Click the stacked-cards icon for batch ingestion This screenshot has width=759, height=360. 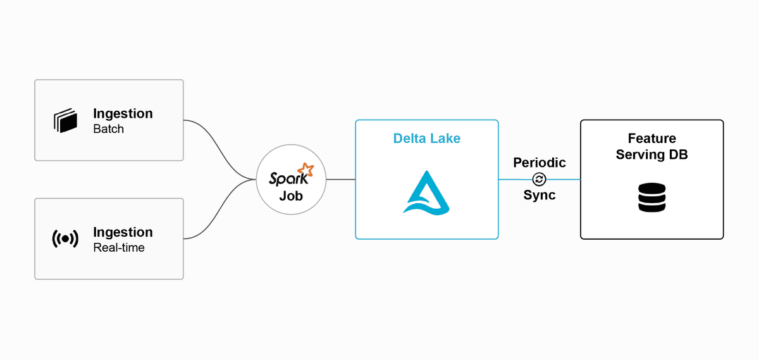(65, 121)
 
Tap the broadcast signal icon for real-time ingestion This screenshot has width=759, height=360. (65, 239)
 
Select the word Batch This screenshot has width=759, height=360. (108, 129)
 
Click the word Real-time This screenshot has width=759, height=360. (119, 247)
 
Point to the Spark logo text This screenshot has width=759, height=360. (285, 178)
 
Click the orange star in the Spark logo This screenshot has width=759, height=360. (307, 169)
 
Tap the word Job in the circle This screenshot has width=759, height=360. (291, 196)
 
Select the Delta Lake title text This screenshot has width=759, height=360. (427, 138)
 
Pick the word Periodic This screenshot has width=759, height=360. (539, 163)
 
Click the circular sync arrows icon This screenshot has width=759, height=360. (540, 180)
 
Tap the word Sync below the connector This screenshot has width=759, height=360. (540, 196)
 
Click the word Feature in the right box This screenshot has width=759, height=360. (651, 138)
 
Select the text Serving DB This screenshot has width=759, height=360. (651, 154)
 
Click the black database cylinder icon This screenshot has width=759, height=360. (651, 197)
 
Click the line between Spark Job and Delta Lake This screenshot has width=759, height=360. (340, 180)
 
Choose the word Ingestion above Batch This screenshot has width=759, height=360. (123, 114)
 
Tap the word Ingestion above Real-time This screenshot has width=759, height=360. (123, 232)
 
